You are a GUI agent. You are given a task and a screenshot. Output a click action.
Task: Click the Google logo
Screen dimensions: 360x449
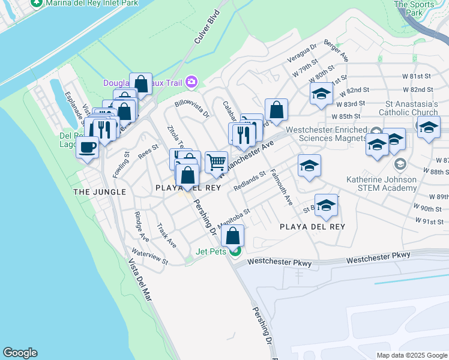pyautogui.click(x=20, y=353)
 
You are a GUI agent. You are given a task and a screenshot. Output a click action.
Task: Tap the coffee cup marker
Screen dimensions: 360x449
pyautogui.click(x=88, y=147)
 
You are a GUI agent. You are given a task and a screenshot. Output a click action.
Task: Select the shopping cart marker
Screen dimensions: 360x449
pyautogui.click(x=216, y=162)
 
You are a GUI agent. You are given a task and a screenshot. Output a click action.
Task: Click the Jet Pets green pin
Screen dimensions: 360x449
pyautogui.click(x=237, y=251)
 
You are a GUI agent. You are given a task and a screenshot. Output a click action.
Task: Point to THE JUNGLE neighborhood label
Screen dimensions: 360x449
pyautogui.click(x=100, y=192)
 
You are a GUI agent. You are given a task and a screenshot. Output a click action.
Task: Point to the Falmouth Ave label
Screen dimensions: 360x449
pyautogui.click(x=281, y=187)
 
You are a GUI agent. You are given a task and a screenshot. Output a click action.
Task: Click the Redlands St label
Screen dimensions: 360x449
pyautogui.click(x=250, y=181)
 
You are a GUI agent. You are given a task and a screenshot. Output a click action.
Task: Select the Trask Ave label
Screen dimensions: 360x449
pyautogui.click(x=166, y=236)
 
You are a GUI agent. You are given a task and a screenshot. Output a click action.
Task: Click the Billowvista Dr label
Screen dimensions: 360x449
pyautogui.click(x=191, y=108)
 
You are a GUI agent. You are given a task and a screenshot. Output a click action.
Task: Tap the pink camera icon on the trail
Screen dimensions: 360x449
pyautogui.click(x=191, y=81)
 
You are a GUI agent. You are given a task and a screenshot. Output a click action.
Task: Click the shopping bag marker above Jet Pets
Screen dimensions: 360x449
pyautogui.click(x=233, y=235)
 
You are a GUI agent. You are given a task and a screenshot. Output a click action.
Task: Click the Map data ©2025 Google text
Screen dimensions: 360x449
pyautogui.click(x=411, y=355)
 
